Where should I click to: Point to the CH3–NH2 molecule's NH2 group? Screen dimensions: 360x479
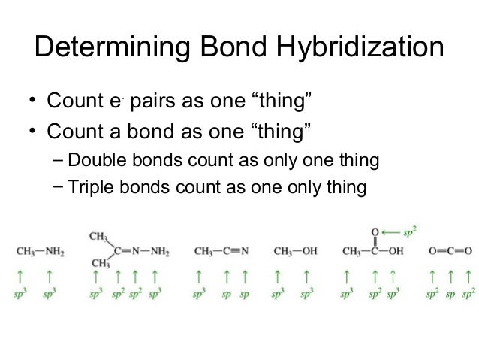coord(53,250)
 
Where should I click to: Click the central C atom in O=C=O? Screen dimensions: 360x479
coord(450,250)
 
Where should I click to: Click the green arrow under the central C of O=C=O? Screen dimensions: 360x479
coord(450,275)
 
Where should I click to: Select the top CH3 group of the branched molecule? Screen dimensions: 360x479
coord(96,235)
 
